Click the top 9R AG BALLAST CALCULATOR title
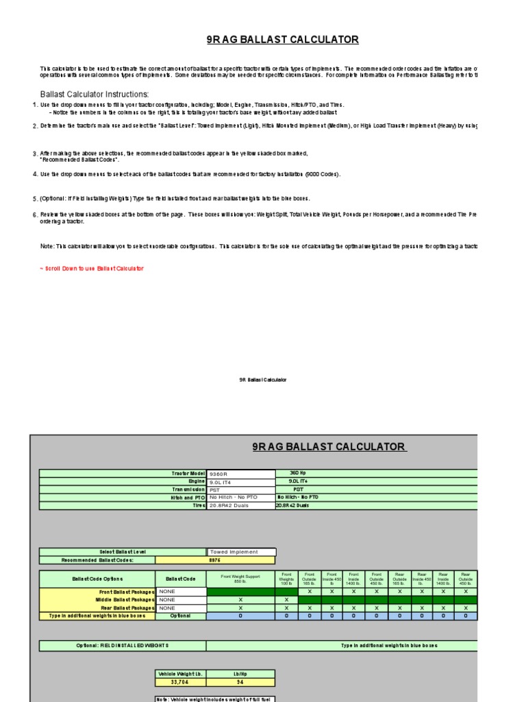(282, 40)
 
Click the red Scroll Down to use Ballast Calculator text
(92, 269)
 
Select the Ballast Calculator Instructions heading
(95, 94)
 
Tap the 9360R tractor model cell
(240, 474)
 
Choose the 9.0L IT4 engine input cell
(240, 482)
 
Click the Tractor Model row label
(188, 474)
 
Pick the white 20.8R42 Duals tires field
(240, 505)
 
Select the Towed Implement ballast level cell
(241, 552)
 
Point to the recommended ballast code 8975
(181, 560)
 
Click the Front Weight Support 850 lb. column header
(240, 579)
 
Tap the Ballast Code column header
(181, 579)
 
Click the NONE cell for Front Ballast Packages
(181, 592)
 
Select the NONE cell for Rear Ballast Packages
(181, 608)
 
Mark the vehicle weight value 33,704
(181, 683)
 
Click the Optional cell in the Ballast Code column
(181, 616)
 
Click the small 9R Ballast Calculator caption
(263, 380)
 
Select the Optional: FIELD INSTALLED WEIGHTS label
(123, 646)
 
